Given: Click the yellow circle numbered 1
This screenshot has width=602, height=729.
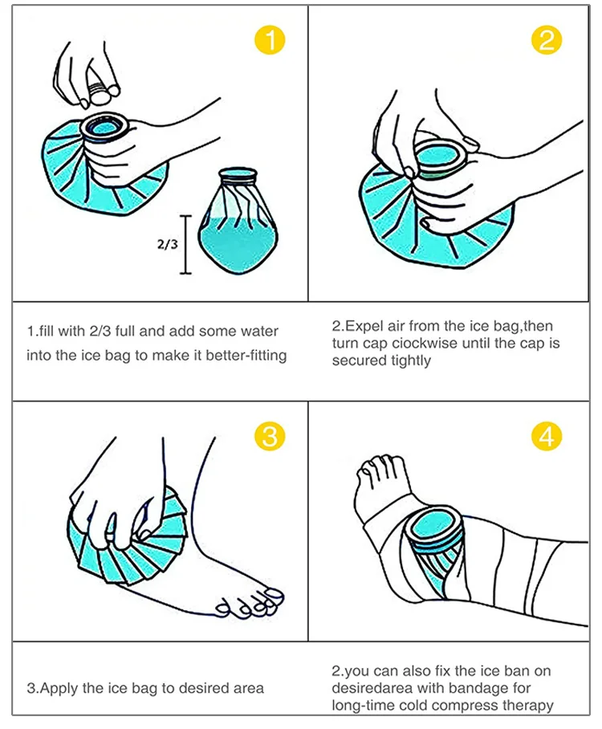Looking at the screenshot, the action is (x=270, y=39).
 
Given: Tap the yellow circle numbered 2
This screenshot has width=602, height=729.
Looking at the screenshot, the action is (x=547, y=39).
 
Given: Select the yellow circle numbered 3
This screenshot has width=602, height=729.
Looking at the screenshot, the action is (x=270, y=436).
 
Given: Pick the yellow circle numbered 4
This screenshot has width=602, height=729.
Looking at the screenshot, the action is (x=547, y=436).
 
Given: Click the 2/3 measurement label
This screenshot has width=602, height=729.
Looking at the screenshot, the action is (x=167, y=244).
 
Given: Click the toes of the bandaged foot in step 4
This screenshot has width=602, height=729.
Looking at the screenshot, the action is (x=381, y=469).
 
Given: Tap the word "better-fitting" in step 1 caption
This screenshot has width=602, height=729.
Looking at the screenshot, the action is (x=246, y=356).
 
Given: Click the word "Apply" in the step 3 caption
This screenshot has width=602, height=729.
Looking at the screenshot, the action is (x=59, y=688).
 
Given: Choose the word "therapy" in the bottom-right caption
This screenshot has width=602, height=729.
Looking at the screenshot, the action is (x=527, y=705).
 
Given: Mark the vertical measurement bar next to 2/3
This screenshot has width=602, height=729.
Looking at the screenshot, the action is (x=185, y=245).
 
